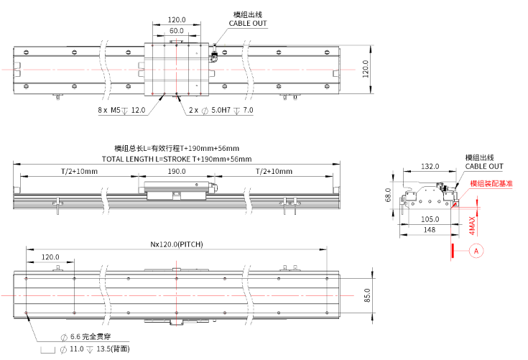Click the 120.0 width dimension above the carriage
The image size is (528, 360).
point(176,21)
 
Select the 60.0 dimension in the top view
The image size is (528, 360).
point(176,31)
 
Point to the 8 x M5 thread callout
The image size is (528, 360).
point(121,111)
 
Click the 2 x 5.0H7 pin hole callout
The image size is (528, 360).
point(221,111)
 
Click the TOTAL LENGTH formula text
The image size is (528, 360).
point(177,159)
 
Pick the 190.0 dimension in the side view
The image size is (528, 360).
point(177,171)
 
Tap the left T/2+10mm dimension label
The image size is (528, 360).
point(76,171)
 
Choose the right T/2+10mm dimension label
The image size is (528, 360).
point(274,171)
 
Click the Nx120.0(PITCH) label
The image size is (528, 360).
point(176,244)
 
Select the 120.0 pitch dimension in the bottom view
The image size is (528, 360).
point(50,257)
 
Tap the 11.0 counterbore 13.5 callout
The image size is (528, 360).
point(93,349)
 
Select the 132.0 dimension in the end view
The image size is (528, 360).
point(430,167)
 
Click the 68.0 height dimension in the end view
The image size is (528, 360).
point(388,195)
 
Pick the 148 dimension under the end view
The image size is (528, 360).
point(429,230)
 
